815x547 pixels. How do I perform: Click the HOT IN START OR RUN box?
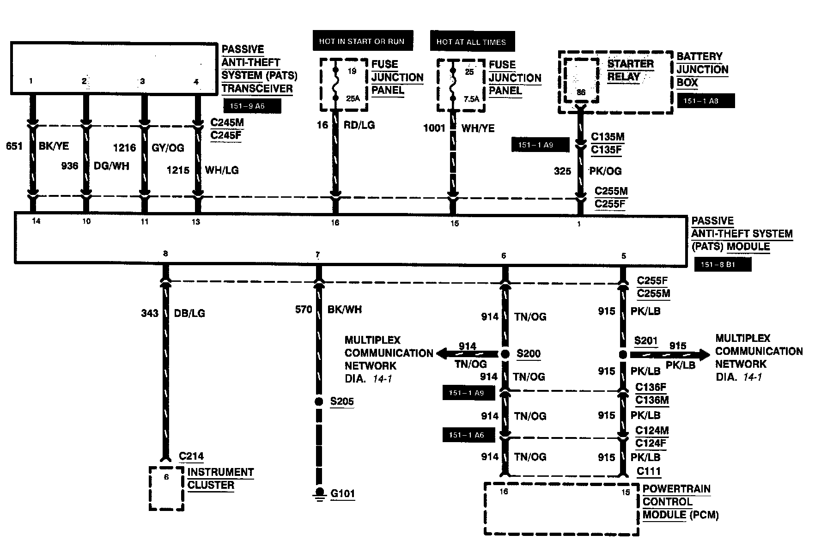tap(362, 41)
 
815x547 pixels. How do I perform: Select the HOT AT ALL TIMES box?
tap(472, 42)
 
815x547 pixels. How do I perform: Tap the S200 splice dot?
tap(505, 354)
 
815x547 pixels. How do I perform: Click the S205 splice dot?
tap(318, 401)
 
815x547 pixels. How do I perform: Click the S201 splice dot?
tap(623, 354)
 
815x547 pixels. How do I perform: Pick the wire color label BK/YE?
tap(54, 146)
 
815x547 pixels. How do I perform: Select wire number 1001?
tap(434, 128)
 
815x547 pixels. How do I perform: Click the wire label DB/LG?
tap(189, 313)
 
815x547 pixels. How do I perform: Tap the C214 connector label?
tap(191, 456)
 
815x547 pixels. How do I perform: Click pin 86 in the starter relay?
tap(581, 92)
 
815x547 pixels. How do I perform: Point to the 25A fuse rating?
tap(353, 98)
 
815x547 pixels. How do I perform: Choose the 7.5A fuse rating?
tap(471, 98)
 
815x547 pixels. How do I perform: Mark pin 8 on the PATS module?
tap(165, 253)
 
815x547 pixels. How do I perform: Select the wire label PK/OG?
tap(605, 171)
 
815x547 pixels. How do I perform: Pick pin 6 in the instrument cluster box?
tap(166, 477)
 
